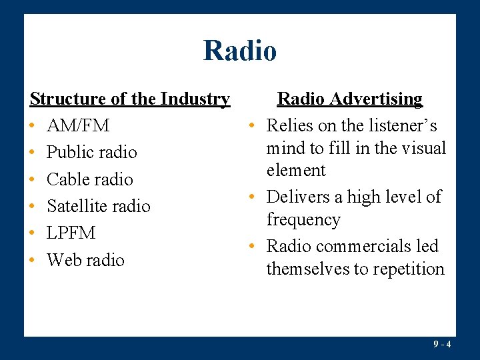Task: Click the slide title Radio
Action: click(240, 50)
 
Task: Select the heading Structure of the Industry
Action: click(130, 99)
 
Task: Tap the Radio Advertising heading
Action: click(349, 99)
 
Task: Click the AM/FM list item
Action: click(78, 125)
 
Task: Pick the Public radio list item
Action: click(91, 152)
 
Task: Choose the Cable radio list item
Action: click(89, 179)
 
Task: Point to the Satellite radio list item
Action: click(98, 206)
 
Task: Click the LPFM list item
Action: click(71, 233)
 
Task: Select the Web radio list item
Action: click(85, 259)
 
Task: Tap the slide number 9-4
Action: click(442, 344)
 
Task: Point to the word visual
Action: click(422, 147)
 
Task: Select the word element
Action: click(296, 170)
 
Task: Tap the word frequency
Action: click(303, 220)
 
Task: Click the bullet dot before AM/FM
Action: click(33, 126)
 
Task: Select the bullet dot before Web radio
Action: click(33, 260)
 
